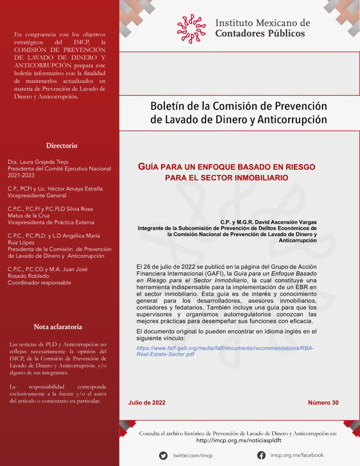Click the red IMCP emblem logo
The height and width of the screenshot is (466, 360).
[191, 28]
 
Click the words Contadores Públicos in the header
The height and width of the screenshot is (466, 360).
[260, 33]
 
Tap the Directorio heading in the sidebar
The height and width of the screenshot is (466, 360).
[61, 146]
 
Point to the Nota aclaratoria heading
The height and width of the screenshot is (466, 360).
[58, 327]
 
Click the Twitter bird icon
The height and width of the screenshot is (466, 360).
[163, 456]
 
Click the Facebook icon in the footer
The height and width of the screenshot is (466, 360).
[261, 455]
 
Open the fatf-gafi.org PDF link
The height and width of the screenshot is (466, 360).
[225, 351]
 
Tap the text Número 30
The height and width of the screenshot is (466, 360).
[323, 403]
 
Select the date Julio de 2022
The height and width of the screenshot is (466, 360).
[147, 403]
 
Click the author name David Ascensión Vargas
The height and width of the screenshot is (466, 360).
[290, 222]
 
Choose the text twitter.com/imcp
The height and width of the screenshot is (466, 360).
[193, 456]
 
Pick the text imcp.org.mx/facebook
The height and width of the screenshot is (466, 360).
[297, 455]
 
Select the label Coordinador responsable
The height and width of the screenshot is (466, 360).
[40, 283]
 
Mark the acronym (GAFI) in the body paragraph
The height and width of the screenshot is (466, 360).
[215, 274]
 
